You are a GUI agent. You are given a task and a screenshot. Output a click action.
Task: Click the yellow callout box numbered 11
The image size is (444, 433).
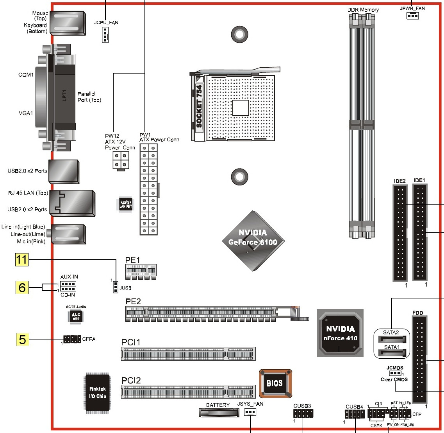tap(22, 260)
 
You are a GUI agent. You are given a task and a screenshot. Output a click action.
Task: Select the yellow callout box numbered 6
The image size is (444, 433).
tap(22, 287)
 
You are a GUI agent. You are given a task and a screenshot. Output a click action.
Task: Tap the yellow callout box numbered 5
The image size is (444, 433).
tap(22, 339)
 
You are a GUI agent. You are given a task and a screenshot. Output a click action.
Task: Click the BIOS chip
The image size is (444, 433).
tap(275, 383)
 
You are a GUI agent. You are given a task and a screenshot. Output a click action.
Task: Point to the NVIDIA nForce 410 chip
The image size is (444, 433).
tap(340, 333)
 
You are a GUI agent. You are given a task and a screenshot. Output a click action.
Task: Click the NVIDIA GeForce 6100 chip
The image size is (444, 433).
tap(253, 241)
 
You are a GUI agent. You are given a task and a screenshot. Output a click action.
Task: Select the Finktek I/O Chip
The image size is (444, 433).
tap(97, 392)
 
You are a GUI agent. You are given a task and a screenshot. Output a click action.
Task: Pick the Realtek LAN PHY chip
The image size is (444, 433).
tap(126, 204)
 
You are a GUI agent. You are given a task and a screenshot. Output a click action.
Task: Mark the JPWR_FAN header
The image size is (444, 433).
tap(412, 16)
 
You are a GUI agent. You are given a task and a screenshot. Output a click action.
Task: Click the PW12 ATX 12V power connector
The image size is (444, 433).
tap(121, 160)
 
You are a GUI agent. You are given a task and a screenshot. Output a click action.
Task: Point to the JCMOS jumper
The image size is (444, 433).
tap(395, 374)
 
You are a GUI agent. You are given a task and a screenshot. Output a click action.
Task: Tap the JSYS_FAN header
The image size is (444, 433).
tap(250, 412)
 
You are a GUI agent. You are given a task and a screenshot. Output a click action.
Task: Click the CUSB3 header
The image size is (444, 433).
tap(303, 413)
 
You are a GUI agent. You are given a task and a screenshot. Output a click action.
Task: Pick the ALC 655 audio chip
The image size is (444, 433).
tap(76, 316)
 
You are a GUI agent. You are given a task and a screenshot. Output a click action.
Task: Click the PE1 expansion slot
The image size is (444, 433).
tap(140, 270)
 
